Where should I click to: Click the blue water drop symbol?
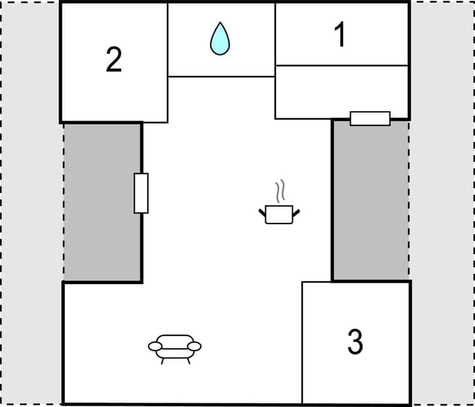point(220,38)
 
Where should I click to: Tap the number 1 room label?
point(340,34)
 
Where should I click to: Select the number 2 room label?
point(114,60)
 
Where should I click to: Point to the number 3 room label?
point(355,341)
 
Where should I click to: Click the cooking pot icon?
point(279,214)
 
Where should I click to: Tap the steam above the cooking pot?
point(281,190)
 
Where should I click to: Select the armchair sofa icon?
point(175,347)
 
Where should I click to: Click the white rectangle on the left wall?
point(141,193)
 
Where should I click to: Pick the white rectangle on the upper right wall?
point(370,118)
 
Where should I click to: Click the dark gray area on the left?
point(102,202)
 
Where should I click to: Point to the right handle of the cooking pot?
point(296,213)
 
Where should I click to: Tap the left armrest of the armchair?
point(155,346)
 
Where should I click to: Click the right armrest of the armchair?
point(195,346)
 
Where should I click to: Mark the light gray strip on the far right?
point(442,203)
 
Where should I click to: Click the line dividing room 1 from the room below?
point(341,65)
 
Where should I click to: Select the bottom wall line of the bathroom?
point(222,76)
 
